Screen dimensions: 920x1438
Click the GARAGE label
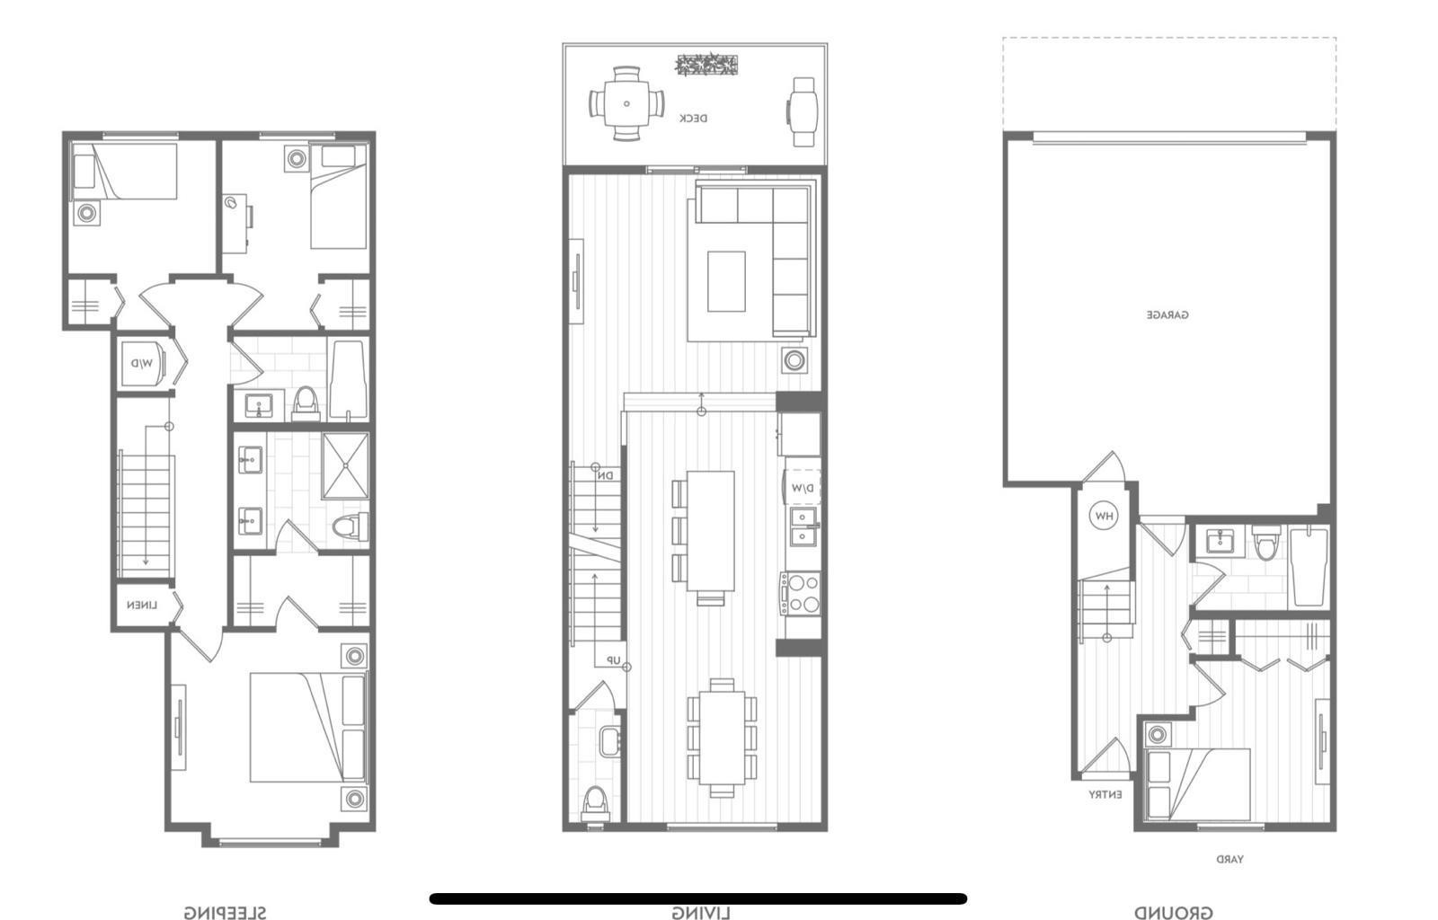pyautogui.click(x=1167, y=315)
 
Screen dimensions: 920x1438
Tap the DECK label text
pyautogui.click(x=693, y=119)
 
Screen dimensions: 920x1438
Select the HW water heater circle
pyautogui.click(x=1103, y=517)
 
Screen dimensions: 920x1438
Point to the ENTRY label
pyautogui.click(x=1105, y=795)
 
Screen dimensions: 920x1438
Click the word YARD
pyautogui.click(x=1229, y=860)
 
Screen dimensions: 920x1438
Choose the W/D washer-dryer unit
pyautogui.click(x=144, y=363)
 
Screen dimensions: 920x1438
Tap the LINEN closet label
pyautogui.click(x=141, y=606)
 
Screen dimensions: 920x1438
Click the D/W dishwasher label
pyautogui.click(x=803, y=488)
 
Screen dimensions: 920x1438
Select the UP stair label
pyautogui.click(x=613, y=660)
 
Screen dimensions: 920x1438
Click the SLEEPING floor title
pyautogui.click(x=225, y=913)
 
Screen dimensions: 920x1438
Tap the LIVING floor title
pyautogui.click(x=700, y=914)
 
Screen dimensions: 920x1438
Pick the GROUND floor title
pyautogui.click(x=1173, y=913)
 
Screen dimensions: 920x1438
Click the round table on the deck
pyautogui.click(x=626, y=103)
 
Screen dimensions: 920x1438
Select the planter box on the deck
pyautogui.click(x=706, y=65)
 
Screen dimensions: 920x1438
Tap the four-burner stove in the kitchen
pyautogui.click(x=801, y=593)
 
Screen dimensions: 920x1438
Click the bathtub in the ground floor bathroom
pyautogui.click(x=1309, y=568)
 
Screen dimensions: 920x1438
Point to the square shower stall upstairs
pyautogui.click(x=345, y=465)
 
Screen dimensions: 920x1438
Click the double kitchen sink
pyautogui.click(x=803, y=526)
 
